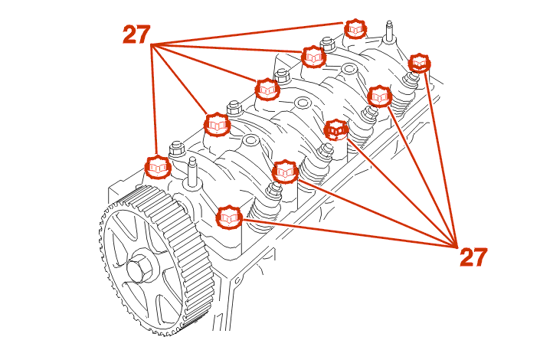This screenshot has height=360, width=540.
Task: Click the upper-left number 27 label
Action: [136, 34]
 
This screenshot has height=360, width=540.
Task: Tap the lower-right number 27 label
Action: [473, 257]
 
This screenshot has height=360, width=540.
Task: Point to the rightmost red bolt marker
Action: [419, 63]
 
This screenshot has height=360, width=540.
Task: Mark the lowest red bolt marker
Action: [229, 218]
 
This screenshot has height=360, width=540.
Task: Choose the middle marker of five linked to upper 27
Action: [265, 90]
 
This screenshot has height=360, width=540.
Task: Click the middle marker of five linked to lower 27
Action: [336, 129]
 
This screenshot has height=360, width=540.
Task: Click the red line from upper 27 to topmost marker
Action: [253, 36]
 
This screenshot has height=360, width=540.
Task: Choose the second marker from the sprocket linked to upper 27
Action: [217, 123]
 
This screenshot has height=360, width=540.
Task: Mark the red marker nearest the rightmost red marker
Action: [380, 97]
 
